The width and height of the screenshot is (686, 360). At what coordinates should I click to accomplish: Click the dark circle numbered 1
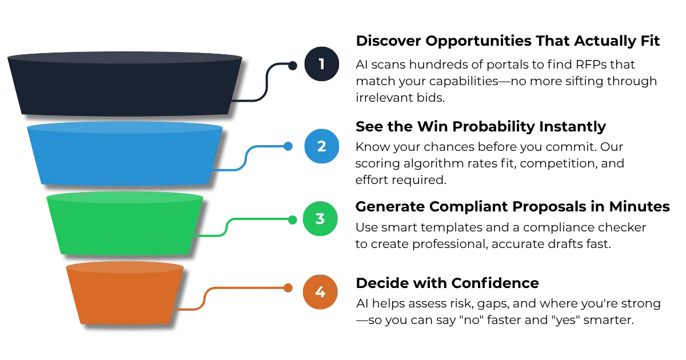click(x=321, y=64)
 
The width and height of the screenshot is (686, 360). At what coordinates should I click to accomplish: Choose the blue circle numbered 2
click(x=321, y=146)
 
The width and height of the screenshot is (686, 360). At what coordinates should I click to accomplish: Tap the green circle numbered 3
click(x=320, y=219)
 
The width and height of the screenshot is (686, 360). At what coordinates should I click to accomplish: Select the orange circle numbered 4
click(x=320, y=293)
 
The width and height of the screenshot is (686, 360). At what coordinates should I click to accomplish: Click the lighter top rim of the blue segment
click(x=125, y=127)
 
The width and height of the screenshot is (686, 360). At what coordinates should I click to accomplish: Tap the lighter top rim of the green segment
click(x=125, y=197)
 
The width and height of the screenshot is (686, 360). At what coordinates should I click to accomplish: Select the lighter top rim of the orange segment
click(x=125, y=267)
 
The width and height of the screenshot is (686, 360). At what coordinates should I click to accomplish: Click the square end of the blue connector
click(x=288, y=146)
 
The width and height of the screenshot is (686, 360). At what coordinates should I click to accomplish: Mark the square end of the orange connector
click(x=288, y=288)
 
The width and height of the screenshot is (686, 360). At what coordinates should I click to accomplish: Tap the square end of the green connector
click(x=293, y=220)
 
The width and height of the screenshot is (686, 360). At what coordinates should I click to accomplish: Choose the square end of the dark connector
click(x=293, y=67)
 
